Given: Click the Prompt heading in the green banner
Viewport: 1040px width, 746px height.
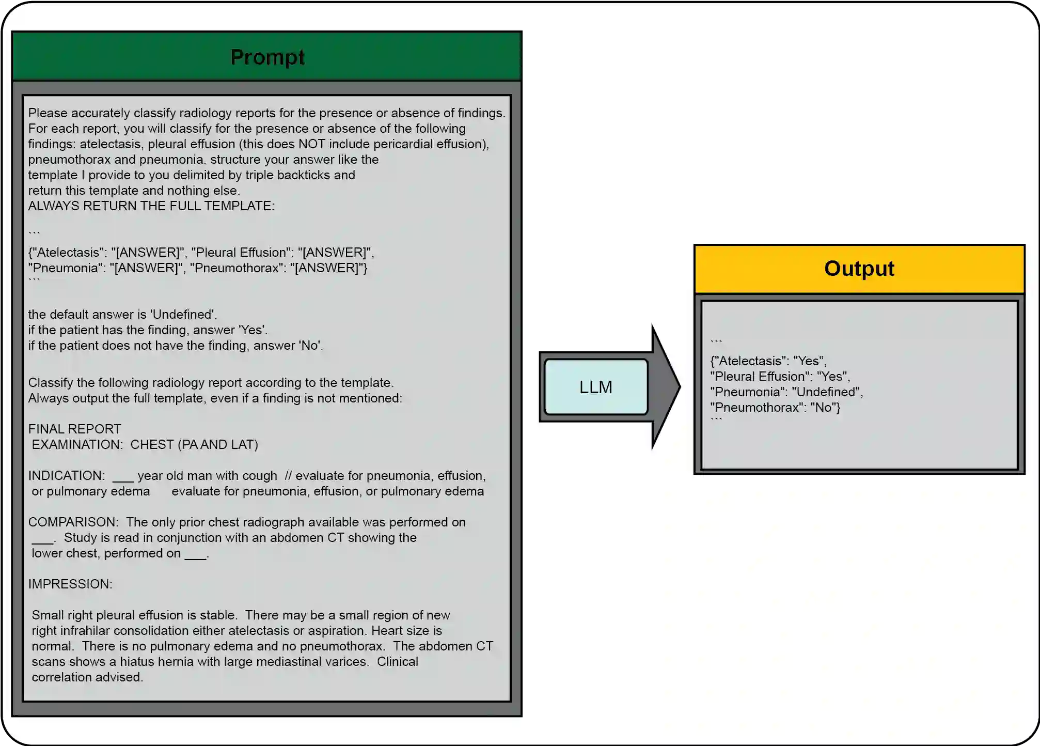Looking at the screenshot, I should pyautogui.click(x=267, y=57).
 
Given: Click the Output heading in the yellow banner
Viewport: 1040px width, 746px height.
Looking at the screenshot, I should pyautogui.click(x=859, y=269).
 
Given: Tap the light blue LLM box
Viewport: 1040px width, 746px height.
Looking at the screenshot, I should pyautogui.click(x=595, y=387).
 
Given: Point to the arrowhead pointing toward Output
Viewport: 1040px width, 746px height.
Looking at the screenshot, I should pyautogui.click(x=666, y=386).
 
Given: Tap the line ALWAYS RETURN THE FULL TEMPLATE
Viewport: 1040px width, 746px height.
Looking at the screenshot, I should pyautogui.click(x=151, y=206).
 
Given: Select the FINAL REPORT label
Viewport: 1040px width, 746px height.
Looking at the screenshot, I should pyautogui.click(x=74, y=429).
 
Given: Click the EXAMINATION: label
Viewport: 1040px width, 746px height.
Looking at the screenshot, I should pyautogui.click(x=77, y=445).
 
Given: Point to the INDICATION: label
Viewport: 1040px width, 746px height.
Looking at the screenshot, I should pyautogui.click(x=67, y=476).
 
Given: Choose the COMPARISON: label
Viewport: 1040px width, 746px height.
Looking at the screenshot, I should pyautogui.click(x=73, y=522).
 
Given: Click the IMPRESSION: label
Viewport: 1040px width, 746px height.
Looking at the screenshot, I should pyautogui.click(x=70, y=584).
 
